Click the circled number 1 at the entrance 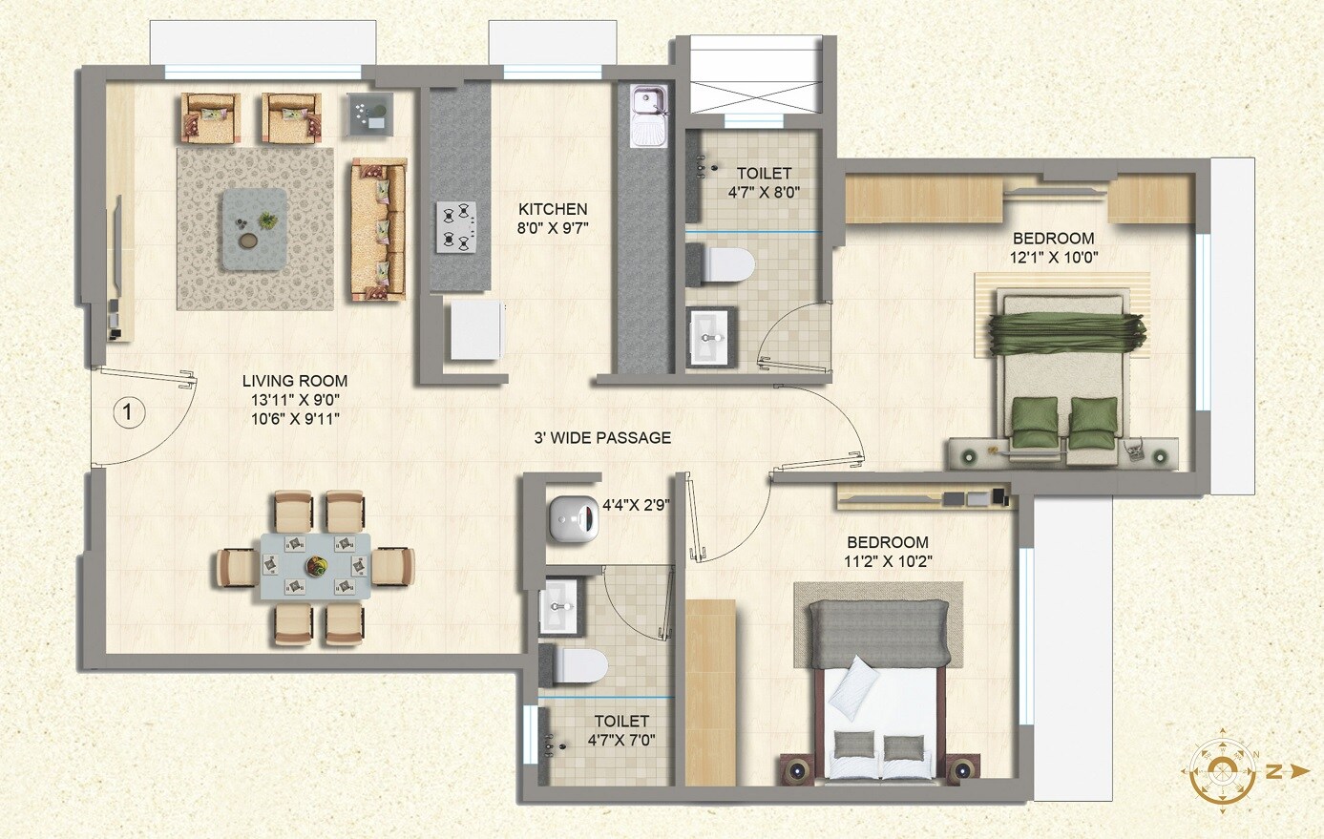coord(129,413)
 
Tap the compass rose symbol coord(1223,770)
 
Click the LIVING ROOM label coord(294,381)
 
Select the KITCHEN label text coord(553,209)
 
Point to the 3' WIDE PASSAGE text coord(601,438)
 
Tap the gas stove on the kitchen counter coord(457,226)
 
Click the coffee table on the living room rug coord(254,229)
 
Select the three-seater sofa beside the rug coord(378,230)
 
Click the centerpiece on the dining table coord(316,566)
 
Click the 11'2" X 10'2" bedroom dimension coord(888,562)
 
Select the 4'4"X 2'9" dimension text coord(636,506)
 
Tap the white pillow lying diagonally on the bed coord(852,687)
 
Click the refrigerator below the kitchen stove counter coord(475,330)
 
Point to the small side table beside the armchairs coord(369,114)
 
